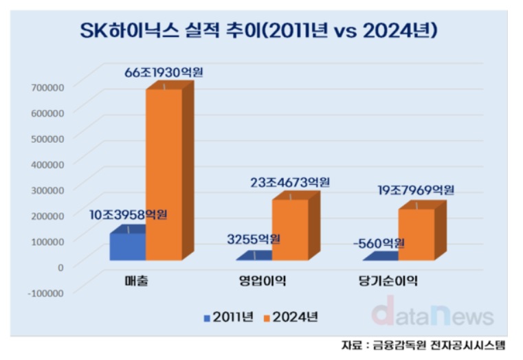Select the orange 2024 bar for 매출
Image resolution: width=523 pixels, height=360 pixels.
coord(164,175)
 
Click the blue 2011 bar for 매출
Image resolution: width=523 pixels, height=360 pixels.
coord(128,246)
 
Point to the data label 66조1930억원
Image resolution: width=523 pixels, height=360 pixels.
coord(164,72)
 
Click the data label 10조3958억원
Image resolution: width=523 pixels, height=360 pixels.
coord(129,216)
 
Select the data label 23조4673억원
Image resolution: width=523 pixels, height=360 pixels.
coord(291,183)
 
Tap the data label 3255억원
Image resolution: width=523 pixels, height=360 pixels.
coord(254,239)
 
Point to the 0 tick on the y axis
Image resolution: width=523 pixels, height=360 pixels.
coord(60,266)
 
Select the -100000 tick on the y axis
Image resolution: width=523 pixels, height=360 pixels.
coord(45,292)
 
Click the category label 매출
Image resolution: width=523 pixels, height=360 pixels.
coord(136,281)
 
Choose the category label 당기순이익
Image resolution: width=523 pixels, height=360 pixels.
coord(388,281)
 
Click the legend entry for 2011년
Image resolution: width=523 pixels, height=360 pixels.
coord(229,317)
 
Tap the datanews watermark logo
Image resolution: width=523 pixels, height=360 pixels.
coord(432,314)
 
